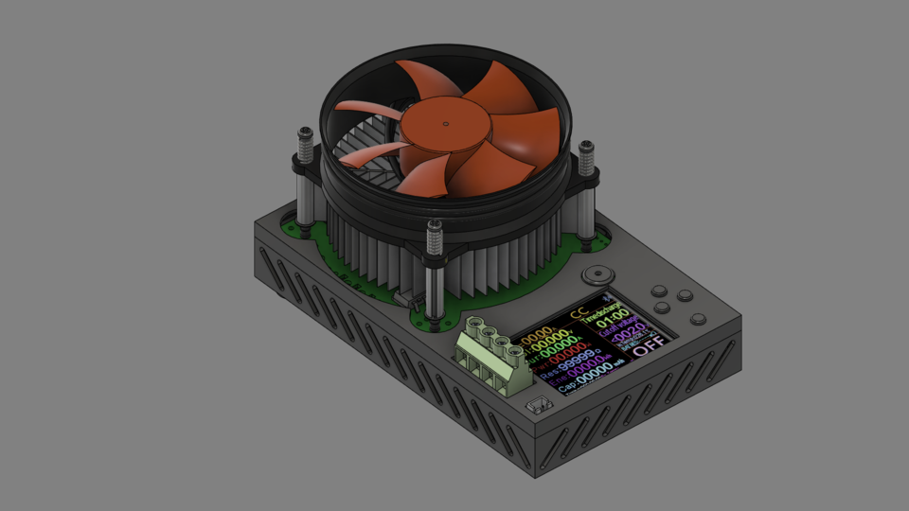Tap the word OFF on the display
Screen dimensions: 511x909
click(650, 346)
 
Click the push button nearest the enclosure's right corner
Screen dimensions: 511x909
click(698, 319)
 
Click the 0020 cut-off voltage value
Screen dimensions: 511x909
click(627, 334)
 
